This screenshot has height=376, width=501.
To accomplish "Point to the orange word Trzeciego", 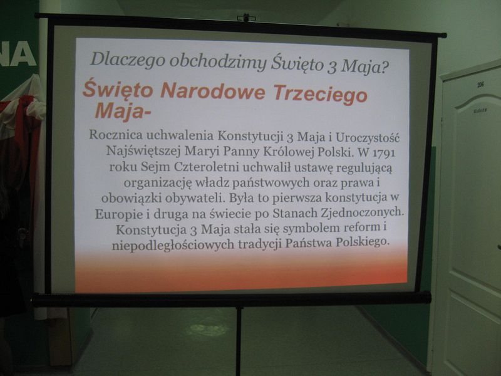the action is pyautogui.click(x=320, y=95).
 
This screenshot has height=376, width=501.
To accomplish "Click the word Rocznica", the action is pyautogui.click(x=116, y=135).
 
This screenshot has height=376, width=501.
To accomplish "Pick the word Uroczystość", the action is pyautogui.click(x=368, y=137).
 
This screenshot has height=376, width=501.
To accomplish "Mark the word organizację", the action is pyautogui.click(x=158, y=183).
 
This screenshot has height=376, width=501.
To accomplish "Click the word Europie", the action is pyautogui.click(x=118, y=214).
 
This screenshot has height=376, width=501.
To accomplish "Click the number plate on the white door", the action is pyautogui.click(x=480, y=85).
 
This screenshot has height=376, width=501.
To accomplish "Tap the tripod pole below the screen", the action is pyautogui.click(x=239, y=341).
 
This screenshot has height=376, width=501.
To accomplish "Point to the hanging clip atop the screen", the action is pyautogui.click(x=245, y=18).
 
